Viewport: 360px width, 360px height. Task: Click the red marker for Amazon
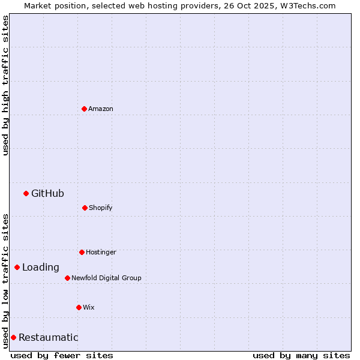coord(84,109)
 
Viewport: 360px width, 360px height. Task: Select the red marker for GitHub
coord(26,193)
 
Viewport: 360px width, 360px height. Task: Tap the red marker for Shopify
coord(85,208)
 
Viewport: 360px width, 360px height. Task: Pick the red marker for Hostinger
coord(82,252)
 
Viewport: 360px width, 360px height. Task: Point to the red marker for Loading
coord(17,267)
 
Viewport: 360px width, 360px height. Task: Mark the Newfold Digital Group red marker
coord(67,278)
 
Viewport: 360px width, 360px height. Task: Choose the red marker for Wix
coord(79,307)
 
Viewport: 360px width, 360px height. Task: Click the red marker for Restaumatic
coord(13,337)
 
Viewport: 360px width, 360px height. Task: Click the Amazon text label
coord(101,109)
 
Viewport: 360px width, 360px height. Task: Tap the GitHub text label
coord(47,193)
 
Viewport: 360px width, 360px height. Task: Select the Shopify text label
coord(101,208)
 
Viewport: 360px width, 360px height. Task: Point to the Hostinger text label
coord(101,252)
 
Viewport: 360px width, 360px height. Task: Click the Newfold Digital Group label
coord(106,278)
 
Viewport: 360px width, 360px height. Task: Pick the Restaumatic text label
coord(48,337)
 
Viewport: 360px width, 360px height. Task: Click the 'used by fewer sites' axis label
coord(62,355)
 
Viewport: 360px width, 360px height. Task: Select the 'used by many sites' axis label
coord(301,355)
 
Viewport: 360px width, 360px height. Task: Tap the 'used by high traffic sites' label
coord(5,85)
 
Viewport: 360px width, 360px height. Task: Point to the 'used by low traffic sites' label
coord(5,281)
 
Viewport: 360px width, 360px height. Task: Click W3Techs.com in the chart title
coord(307,5)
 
